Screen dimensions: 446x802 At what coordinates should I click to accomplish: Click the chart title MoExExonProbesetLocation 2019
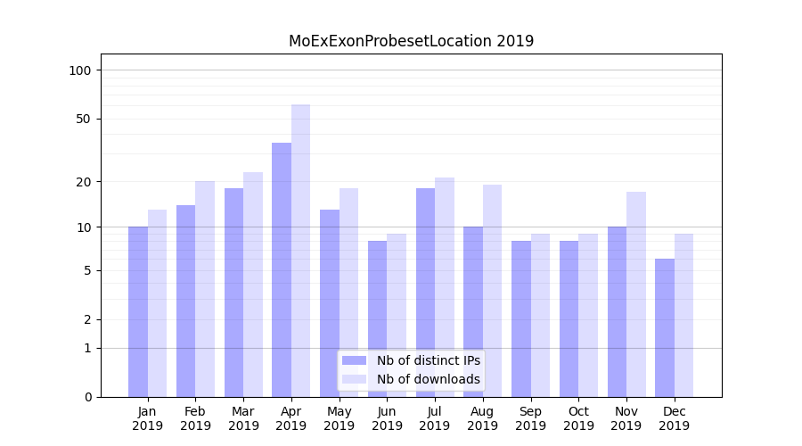pos(411,41)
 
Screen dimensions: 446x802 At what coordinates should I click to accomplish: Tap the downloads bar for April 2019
pos(300,251)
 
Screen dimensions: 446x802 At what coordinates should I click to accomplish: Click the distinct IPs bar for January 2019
pos(138,311)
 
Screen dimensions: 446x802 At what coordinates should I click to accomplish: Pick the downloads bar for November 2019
pos(636,294)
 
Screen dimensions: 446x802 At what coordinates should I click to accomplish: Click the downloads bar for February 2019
pos(205,289)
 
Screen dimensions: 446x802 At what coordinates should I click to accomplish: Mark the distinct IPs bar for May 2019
pos(330,303)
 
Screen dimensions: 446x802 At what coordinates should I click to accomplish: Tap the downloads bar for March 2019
pos(253,285)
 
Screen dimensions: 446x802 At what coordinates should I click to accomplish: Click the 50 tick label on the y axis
pos(84,119)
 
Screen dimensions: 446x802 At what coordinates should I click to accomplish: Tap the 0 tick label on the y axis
pos(87,397)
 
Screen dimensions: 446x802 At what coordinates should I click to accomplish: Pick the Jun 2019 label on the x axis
pos(387,418)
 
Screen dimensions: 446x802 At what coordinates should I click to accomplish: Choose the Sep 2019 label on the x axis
pos(530,418)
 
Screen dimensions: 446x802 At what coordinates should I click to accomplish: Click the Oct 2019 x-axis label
pos(578,418)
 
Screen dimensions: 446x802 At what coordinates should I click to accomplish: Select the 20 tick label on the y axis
pos(84,182)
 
